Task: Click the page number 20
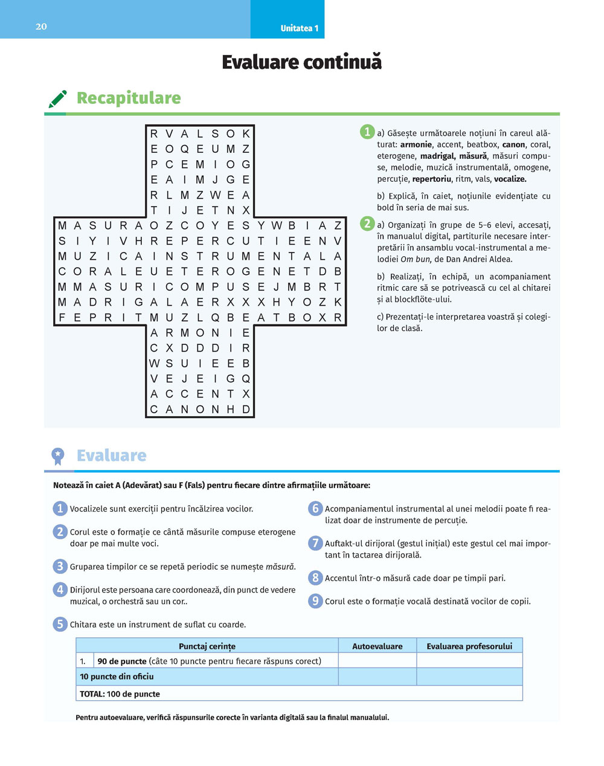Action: pyautogui.click(x=41, y=27)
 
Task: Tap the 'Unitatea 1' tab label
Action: pyautogui.click(x=299, y=28)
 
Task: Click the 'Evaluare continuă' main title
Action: pyautogui.click(x=301, y=62)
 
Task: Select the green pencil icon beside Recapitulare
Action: pyautogui.click(x=57, y=99)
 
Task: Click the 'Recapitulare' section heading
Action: pyautogui.click(x=129, y=98)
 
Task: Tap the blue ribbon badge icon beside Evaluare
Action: pyautogui.click(x=58, y=456)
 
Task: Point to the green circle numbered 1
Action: pyautogui.click(x=367, y=132)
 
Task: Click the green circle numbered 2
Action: pyautogui.click(x=367, y=224)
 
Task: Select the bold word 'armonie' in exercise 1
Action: pyautogui.click(x=416, y=144)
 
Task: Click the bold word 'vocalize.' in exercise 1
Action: pyautogui.click(x=510, y=179)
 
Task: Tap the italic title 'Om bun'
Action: pyautogui.click(x=415, y=259)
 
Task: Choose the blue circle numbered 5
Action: pyautogui.click(x=60, y=624)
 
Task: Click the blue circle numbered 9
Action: pyautogui.click(x=315, y=601)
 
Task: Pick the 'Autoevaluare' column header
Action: pyautogui.click(x=377, y=646)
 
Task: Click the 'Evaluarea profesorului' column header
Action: pyautogui.click(x=469, y=646)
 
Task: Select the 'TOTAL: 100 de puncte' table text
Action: pyautogui.click(x=120, y=694)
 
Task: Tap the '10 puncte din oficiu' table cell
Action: pyautogui.click(x=117, y=677)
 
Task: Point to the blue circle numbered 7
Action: pyautogui.click(x=315, y=543)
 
